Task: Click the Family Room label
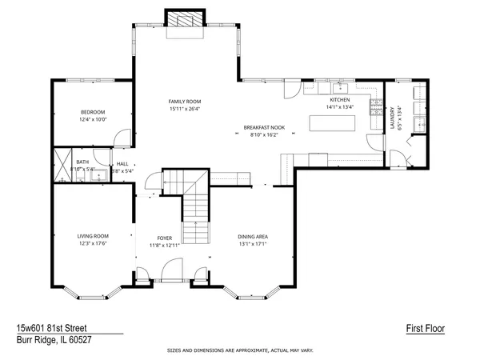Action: (184, 101)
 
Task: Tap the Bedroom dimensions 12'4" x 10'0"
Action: (92, 119)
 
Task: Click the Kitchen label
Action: (339, 99)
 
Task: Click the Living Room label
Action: (92, 236)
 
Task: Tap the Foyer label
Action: (165, 238)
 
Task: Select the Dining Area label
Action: (253, 236)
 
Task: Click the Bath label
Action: (61, 162)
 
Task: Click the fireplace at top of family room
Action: (184, 20)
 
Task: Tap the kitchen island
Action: (328, 123)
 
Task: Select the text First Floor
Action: (425, 328)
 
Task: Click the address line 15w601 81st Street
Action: (51, 328)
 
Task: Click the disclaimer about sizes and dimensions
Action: (240, 350)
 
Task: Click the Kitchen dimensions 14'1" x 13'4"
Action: (339, 106)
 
